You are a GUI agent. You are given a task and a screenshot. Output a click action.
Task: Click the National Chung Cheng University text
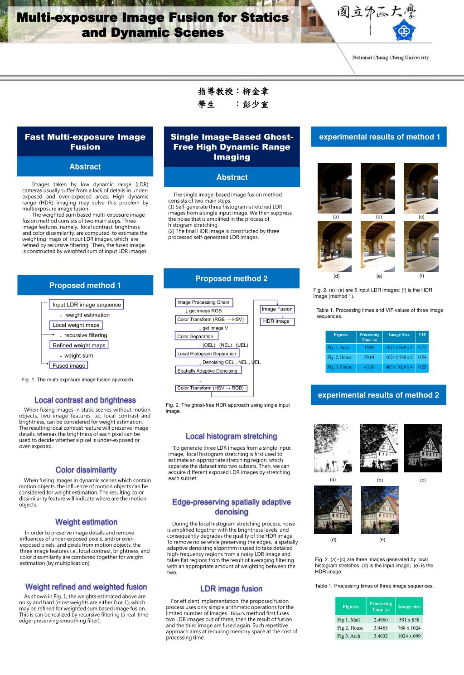tap(391, 58)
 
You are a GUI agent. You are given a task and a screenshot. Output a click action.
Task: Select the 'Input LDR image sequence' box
tap(87, 305)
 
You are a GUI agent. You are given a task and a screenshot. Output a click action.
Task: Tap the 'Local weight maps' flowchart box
tap(76, 325)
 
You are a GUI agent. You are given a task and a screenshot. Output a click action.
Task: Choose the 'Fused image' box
tap(68, 365)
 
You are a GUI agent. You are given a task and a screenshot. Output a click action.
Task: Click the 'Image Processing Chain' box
tap(203, 302)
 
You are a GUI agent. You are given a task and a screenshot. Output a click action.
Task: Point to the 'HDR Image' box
tap(276, 321)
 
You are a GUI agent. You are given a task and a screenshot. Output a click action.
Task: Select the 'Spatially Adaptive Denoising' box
tap(208, 371)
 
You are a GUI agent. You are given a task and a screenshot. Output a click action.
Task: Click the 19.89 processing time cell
tap(369, 347)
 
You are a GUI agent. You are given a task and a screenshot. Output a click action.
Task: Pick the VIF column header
tap(422, 335)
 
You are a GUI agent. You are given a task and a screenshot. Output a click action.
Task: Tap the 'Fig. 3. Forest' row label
tap(339, 367)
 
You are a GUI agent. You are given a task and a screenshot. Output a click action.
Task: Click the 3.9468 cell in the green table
tap(381, 628)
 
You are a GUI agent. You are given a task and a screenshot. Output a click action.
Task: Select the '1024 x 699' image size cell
tap(409, 636)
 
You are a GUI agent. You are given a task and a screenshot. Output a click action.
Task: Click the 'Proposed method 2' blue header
tap(232, 278)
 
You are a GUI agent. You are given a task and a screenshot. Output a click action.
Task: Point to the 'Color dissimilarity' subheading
tap(86, 470)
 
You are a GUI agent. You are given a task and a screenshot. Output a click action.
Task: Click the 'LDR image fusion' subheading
tap(232, 589)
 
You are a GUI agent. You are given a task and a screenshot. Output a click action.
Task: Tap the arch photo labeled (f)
tap(421, 246)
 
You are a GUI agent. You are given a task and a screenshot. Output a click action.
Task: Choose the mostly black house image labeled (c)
tap(422, 448)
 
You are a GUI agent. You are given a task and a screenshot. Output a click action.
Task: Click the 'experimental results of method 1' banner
tap(379, 137)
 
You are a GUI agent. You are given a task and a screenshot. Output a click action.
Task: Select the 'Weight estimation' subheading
tap(86, 522)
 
